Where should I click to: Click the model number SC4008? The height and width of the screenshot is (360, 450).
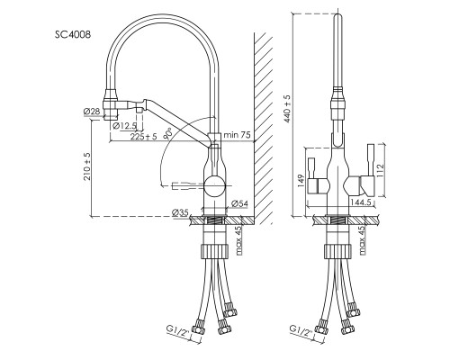pos(73,35)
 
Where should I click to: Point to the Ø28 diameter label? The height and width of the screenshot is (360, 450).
pos(92,112)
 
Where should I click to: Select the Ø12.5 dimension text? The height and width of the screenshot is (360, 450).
pos(125,126)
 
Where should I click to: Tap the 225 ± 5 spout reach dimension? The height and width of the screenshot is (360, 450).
pos(143,137)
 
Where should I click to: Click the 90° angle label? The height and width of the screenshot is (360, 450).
pos(168,133)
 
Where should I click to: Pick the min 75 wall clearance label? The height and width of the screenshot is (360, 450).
pos(237,135)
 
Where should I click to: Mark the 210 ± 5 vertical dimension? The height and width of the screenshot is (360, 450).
pos(87,166)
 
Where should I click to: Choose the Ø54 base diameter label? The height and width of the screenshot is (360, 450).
pos(239,204)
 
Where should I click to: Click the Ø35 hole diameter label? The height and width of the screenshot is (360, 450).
pos(180,212)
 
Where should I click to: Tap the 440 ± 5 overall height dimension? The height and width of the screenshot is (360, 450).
pos(288,109)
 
